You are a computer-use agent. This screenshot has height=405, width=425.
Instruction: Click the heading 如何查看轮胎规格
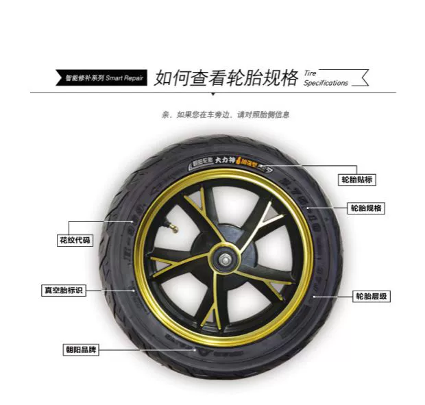(226, 77)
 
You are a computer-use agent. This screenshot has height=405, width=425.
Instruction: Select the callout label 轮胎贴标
(359, 180)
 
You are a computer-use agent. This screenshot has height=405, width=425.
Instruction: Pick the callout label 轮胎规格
(366, 208)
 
